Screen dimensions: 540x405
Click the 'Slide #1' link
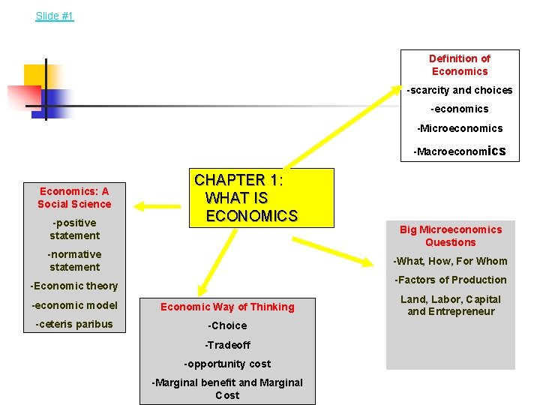click(55, 16)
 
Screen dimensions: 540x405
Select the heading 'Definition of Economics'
click(459, 64)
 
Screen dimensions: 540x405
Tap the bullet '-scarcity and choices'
click(459, 90)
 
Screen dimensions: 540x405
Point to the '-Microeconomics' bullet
click(459, 128)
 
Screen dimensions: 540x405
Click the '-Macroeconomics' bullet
click(459, 151)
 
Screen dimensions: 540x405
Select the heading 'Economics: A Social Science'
click(74, 197)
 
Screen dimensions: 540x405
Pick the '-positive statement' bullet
click(74, 229)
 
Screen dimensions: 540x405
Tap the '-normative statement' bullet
click(74, 260)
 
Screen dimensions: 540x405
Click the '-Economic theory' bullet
click(74, 286)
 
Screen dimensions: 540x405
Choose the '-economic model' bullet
click(74, 304)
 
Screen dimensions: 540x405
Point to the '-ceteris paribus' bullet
click(74, 324)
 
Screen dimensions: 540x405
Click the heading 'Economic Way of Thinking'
click(227, 306)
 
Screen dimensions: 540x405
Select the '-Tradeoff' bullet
click(227, 345)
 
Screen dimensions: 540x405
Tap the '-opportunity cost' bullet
click(227, 364)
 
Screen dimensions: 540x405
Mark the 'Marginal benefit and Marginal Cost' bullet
click(227, 388)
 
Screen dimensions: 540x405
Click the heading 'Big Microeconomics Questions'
click(450, 235)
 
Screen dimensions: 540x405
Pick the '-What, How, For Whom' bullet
click(450, 261)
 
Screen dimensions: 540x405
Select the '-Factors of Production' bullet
click(450, 280)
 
